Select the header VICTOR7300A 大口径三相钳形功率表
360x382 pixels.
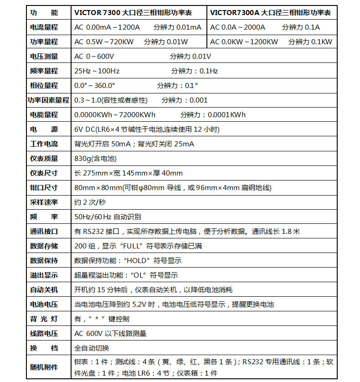point(271,12)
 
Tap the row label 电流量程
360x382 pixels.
point(44,27)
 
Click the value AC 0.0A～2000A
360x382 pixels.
point(237,27)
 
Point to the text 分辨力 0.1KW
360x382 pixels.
point(310,41)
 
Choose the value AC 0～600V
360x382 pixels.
point(94,56)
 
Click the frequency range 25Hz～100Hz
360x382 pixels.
point(97,71)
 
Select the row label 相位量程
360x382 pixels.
point(44,85)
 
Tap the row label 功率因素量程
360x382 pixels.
point(47,100)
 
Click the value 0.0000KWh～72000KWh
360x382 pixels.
point(114,114)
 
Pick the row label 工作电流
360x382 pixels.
point(44,144)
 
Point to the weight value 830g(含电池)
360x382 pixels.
point(95,158)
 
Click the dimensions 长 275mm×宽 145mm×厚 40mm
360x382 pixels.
point(128,173)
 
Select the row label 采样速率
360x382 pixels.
point(44,202)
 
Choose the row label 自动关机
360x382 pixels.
point(44,289)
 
